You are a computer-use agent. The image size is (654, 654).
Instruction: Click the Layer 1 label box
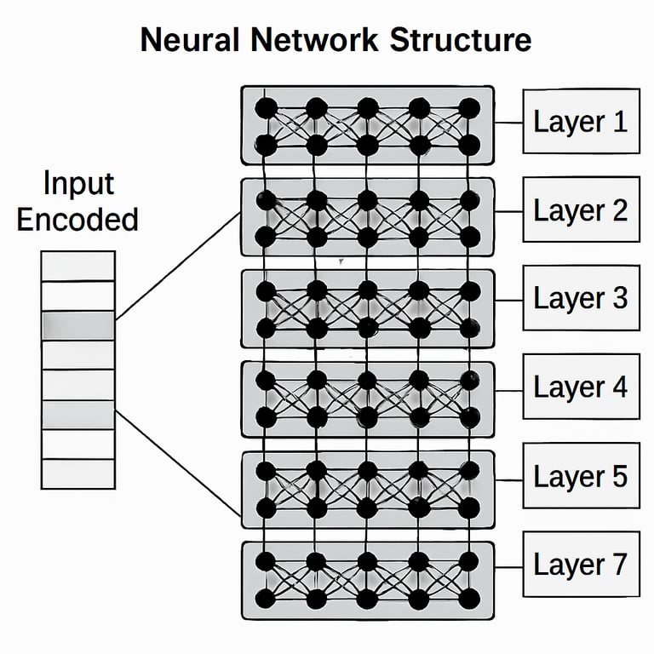click(x=581, y=121)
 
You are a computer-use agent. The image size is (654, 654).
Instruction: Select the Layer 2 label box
click(x=581, y=209)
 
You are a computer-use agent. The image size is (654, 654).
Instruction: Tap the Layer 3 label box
click(x=581, y=298)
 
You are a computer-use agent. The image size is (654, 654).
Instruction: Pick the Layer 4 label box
click(x=581, y=387)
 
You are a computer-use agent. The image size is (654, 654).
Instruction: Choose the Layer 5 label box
click(x=581, y=475)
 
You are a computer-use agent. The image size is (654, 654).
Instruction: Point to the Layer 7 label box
click(x=581, y=564)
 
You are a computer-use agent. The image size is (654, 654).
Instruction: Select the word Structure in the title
click(x=460, y=40)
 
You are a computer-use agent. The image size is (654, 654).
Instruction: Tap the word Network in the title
click(x=315, y=40)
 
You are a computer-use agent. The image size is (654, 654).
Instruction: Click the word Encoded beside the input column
click(x=77, y=219)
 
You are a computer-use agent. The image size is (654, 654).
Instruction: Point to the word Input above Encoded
click(x=77, y=183)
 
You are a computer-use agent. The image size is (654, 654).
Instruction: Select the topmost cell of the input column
click(x=77, y=265)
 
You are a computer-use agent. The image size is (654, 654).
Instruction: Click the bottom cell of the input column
click(x=77, y=473)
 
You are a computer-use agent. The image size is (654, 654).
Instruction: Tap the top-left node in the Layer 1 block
click(x=266, y=108)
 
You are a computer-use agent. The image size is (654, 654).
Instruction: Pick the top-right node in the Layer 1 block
click(x=469, y=108)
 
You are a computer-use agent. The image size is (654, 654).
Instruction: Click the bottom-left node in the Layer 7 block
click(x=266, y=598)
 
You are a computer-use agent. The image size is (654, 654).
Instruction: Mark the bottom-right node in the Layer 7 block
click(x=469, y=598)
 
